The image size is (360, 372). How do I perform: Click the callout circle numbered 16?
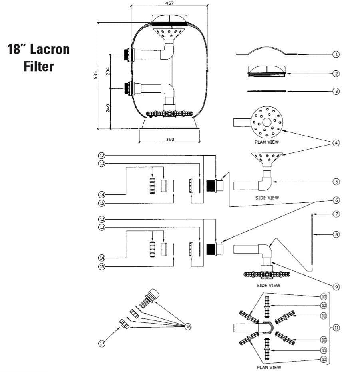click(x=188, y=327)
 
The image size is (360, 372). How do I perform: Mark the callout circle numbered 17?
click(x=102, y=344)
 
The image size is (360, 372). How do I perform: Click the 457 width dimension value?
click(x=169, y=3)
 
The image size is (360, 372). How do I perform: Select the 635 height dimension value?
click(x=95, y=76)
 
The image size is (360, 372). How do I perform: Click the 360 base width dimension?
click(x=169, y=139)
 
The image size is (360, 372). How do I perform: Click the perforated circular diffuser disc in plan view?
click(x=267, y=121)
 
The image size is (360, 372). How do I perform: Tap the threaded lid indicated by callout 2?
click(x=266, y=71)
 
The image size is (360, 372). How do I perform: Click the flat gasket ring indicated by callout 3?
click(x=267, y=91)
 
